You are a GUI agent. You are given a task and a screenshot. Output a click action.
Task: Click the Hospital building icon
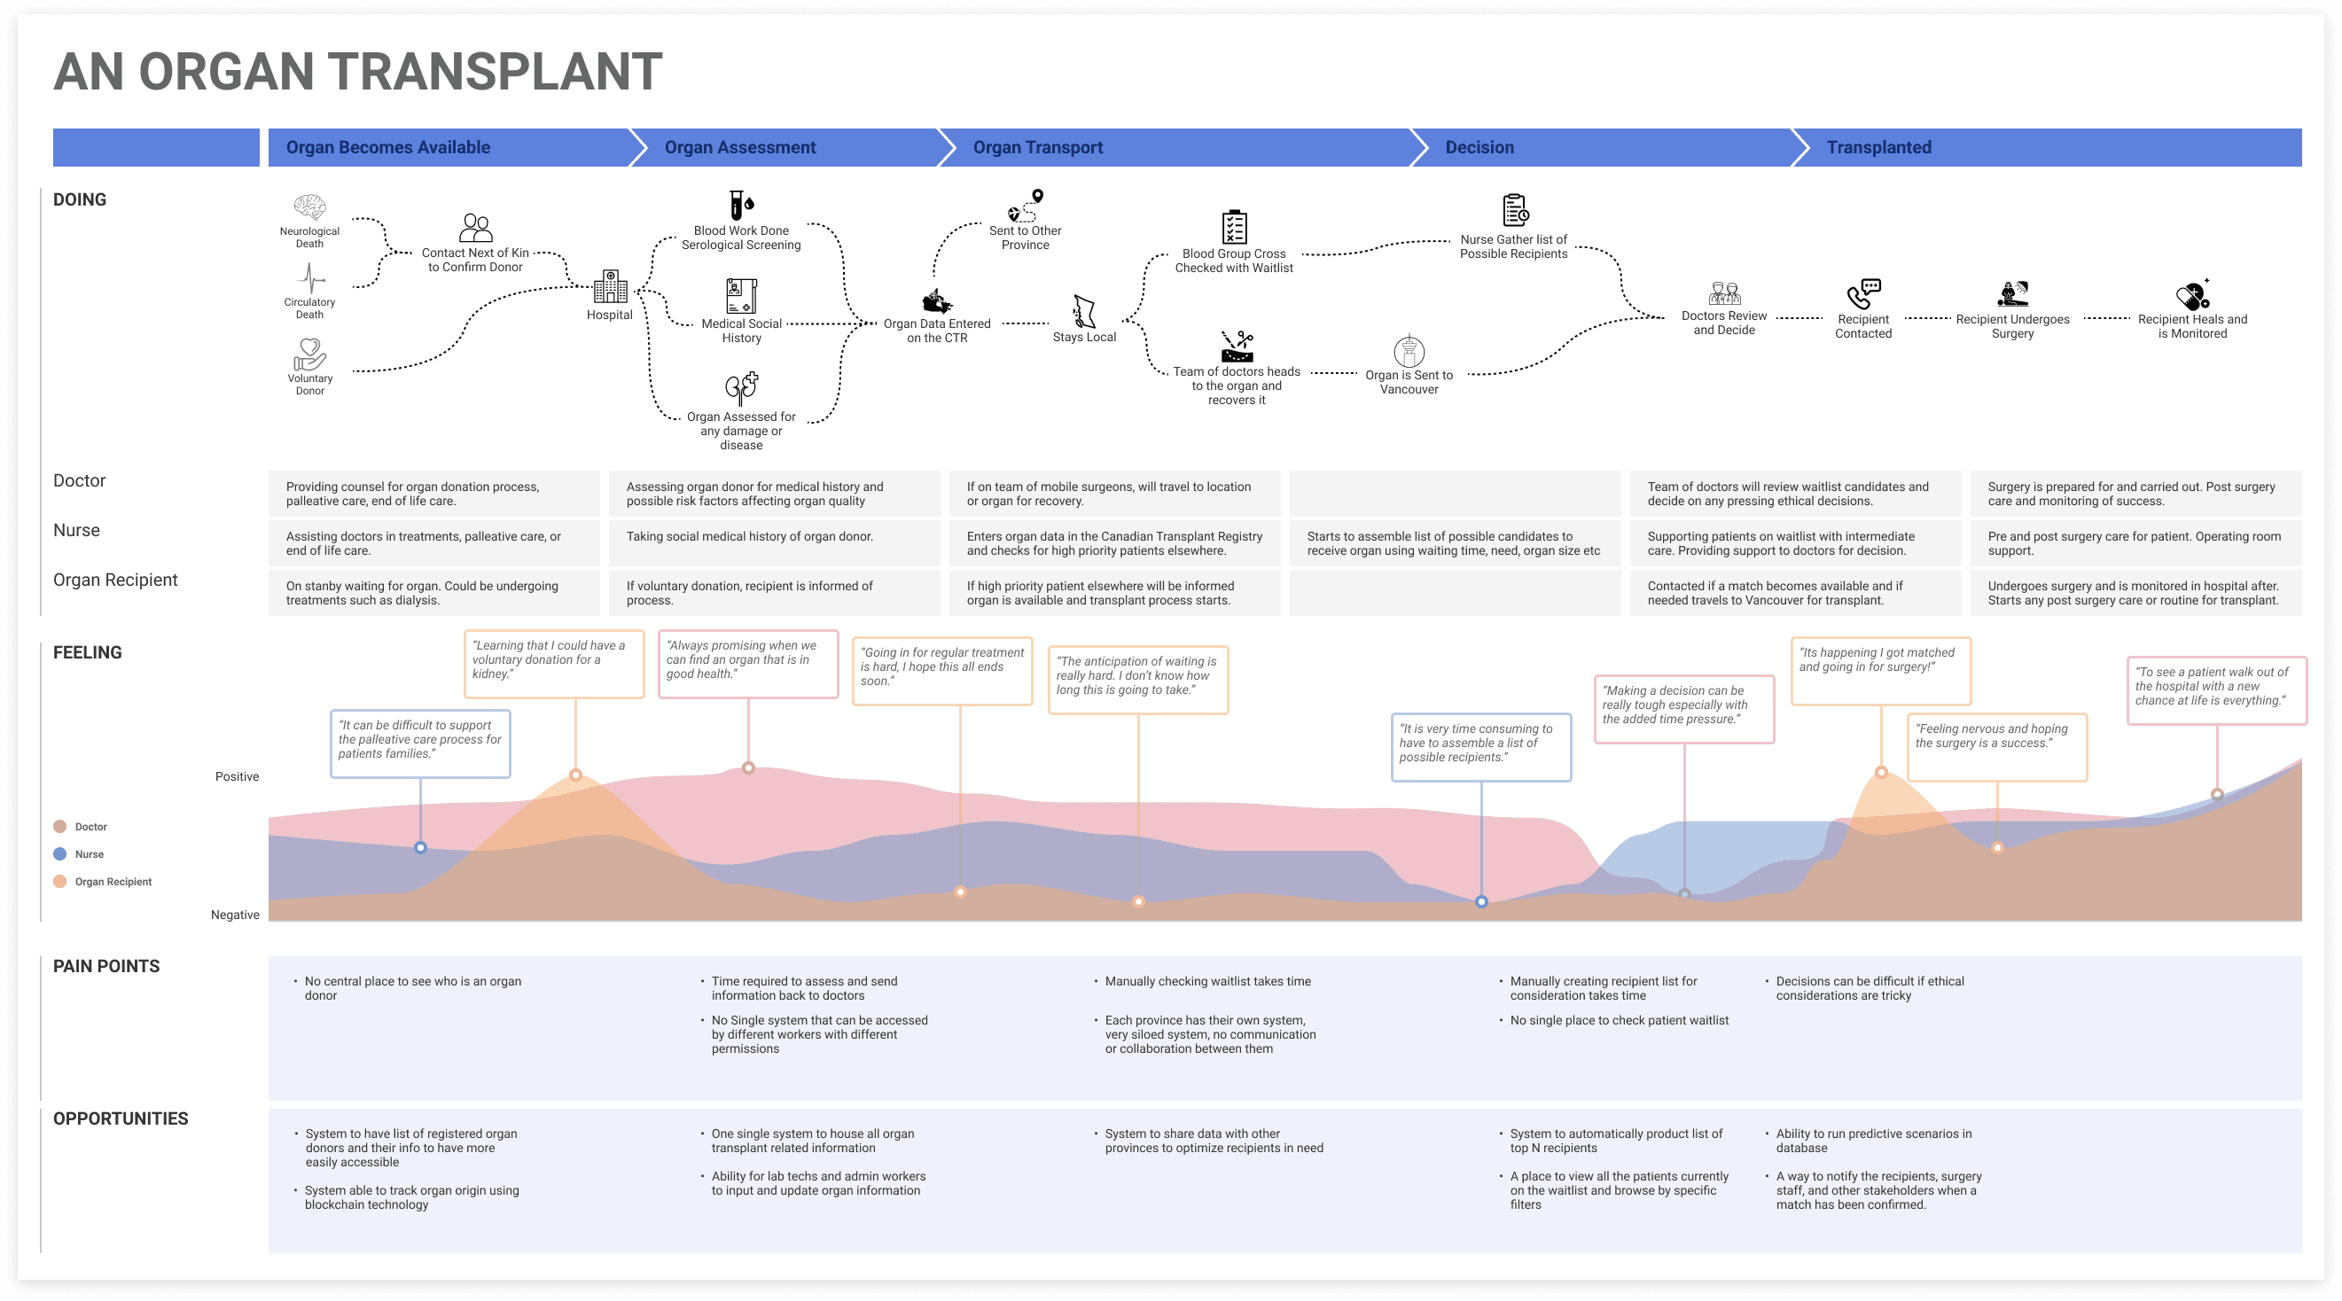click(x=610, y=286)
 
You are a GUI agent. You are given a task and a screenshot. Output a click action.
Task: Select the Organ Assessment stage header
click(x=740, y=147)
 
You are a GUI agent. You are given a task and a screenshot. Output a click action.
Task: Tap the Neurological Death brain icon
click(x=310, y=207)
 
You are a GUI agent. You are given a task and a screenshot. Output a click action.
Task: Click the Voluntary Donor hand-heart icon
click(x=310, y=354)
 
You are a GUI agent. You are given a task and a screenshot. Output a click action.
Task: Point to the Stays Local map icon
click(x=1084, y=311)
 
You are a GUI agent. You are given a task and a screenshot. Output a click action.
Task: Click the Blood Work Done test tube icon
click(x=741, y=206)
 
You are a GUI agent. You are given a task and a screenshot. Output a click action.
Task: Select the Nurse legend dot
click(x=60, y=853)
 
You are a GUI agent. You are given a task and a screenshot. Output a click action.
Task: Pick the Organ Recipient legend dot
click(x=60, y=881)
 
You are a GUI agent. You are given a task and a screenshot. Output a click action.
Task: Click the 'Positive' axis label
click(x=237, y=776)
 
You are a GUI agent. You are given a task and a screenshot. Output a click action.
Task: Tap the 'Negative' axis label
click(x=235, y=915)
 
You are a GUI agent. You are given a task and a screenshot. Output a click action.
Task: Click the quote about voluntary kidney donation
click(x=554, y=664)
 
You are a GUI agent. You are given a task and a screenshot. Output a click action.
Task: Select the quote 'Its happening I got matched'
click(x=1880, y=671)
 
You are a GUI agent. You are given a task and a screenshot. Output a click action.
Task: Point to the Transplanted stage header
click(x=1879, y=147)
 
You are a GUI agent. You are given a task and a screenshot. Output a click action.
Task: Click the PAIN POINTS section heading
click(x=106, y=966)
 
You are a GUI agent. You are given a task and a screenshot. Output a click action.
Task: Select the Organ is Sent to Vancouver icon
click(x=1409, y=351)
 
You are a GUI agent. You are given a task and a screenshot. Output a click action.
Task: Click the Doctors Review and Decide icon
click(x=1724, y=293)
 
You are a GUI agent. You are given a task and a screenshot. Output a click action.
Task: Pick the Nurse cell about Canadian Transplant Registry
click(x=1114, y=543)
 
